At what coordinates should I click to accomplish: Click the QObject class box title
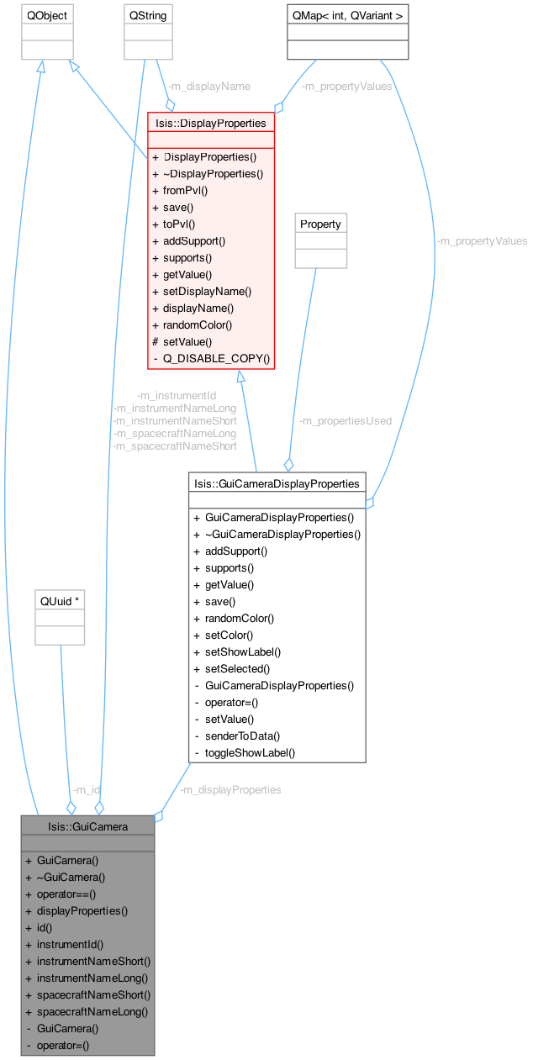tap(46, 16)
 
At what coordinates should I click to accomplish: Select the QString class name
tap(148, 16)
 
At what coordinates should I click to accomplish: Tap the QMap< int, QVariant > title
tap(347, 16)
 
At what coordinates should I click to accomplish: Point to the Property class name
tap(320, 224)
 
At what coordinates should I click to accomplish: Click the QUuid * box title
tap(60, 602)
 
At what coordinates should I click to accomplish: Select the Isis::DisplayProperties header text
tap(211, 123)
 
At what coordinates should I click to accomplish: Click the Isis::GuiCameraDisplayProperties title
tap(277, 483)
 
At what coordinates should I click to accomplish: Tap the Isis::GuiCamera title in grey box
tap(87, 826)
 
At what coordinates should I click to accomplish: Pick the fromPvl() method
tap(186, 190)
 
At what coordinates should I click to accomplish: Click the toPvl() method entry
tap(179, 224)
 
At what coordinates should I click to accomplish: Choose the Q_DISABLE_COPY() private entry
tap(217, 358)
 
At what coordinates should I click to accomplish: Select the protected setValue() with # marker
tap(187, 341)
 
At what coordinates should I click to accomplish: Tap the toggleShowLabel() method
tap(250, 752)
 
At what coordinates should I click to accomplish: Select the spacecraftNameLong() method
tap(92, 1011)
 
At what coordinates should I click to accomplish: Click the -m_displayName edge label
tap(208, 86)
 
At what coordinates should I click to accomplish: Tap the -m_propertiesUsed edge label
tap(345, 420)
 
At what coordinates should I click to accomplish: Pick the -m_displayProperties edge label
tap(230, 789)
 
